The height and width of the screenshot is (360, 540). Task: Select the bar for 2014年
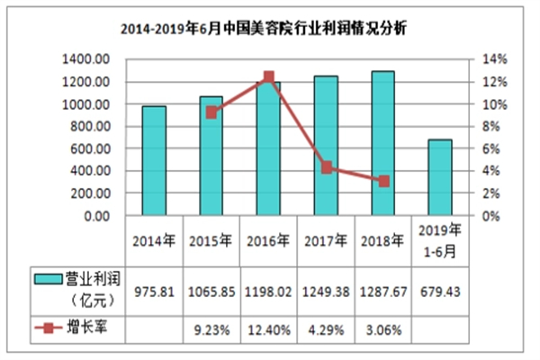pyautogui.click(x=154, y=161)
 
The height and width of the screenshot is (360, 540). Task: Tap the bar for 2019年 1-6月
pyautogui.click(x=439, y=178)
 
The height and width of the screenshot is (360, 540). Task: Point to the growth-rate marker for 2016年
pyautogui.click(x=268, y=77)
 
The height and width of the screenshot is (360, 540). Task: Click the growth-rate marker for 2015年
pyautogui.click(x=211, y=112)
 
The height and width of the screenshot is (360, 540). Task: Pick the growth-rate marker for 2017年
pyautogui.click(x=326, y=167)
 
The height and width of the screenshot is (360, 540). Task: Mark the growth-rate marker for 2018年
pyautogui.click(x=382, y=181)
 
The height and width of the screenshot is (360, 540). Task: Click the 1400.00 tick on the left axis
pyautogui.click(x=87, y=59)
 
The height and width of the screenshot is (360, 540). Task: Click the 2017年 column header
pyautogui.click(x=326, y=241)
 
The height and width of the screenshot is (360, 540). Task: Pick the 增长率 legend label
pyautogui.click(x=88, y=328)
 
